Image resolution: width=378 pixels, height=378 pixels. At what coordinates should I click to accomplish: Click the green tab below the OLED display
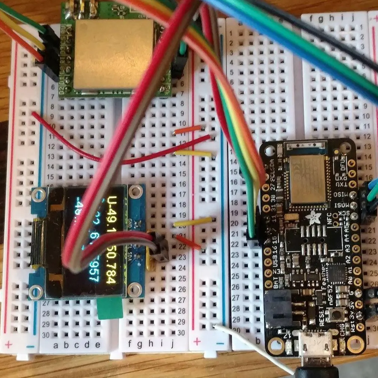110,309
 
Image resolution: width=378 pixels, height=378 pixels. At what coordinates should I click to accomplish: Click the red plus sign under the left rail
8,344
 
